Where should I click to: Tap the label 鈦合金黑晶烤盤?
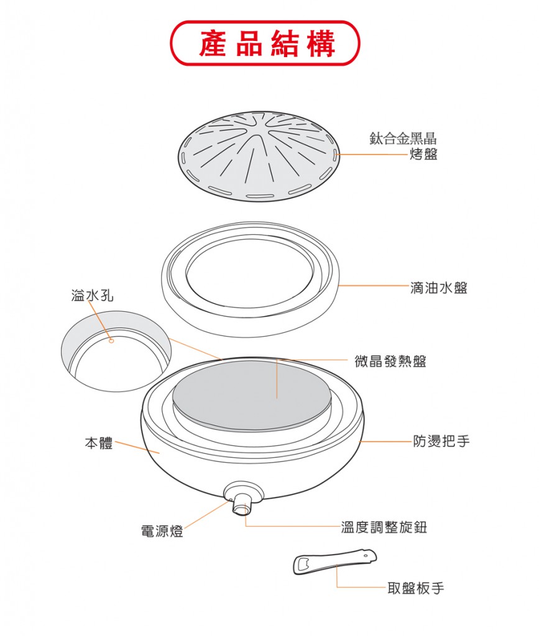403,146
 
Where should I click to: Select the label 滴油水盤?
439,288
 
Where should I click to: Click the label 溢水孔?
92,296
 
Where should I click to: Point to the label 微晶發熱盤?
390,361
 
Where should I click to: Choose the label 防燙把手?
441,440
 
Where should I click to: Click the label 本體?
99,443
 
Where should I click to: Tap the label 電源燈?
162,530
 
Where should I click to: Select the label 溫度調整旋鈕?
384,527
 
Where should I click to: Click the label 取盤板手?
416,588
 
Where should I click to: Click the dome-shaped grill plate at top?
259,156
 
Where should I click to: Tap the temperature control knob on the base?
242,503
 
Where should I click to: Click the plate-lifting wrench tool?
335,561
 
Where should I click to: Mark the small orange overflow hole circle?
112,341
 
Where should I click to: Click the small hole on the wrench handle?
365,555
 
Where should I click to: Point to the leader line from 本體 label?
137,448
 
